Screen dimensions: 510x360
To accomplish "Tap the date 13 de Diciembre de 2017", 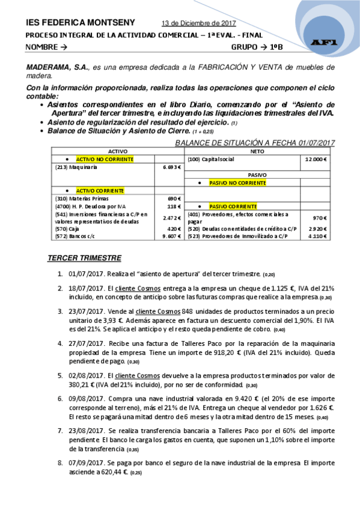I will [199, 23].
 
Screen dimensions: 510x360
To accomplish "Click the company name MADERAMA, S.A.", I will [55, 67].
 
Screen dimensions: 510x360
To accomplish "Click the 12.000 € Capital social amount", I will [315, 159].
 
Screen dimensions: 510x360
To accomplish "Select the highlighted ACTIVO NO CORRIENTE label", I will [104, 159].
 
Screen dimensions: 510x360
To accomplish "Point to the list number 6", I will [60, 399].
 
